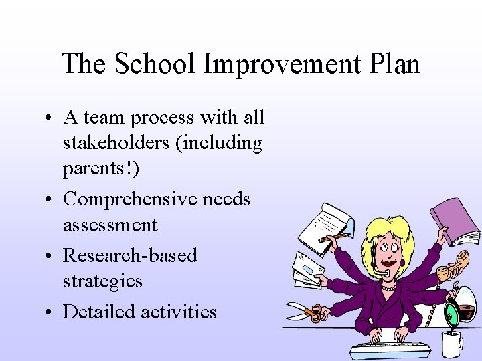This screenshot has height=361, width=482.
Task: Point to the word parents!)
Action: tap(101, 169)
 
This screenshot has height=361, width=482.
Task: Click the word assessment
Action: tap(110, 225)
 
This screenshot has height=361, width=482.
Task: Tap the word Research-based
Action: tap(130, 255)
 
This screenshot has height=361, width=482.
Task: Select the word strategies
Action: tap(102, 281)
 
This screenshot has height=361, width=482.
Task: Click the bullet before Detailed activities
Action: tap(50, 312)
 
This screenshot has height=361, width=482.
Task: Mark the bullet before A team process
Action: tap(50, 118)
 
